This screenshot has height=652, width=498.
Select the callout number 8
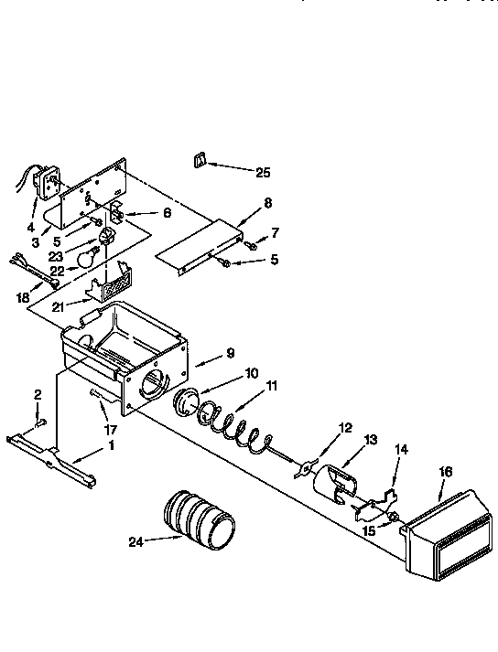pos(267,205)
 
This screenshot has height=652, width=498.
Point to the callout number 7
pos(274,233)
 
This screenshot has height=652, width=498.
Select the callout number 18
pos(23,298)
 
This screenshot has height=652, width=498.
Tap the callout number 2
pos(38,394)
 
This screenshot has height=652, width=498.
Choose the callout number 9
pos(231,353)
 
